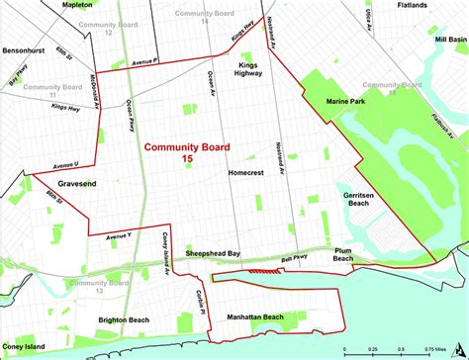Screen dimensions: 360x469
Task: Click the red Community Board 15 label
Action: pos(187,152)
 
